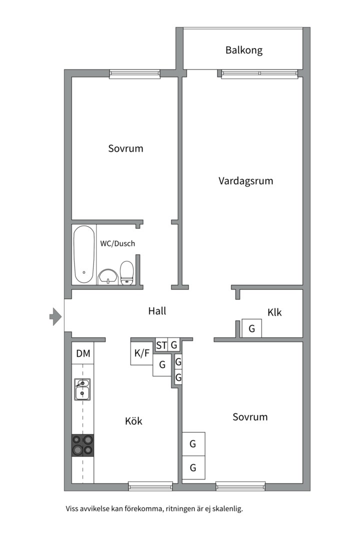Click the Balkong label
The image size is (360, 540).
[243, 50]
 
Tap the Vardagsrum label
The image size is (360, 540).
[245, 180]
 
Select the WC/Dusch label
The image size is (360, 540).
[117, 243]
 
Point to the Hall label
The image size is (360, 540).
[157, 310]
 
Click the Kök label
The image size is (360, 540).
[133, 421]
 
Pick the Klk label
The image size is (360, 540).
[274, 312]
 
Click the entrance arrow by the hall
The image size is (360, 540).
[55, 316]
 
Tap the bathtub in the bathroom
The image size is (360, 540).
[84, 254]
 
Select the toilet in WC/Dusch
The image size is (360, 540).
[127, 273]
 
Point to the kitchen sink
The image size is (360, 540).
[82, 389]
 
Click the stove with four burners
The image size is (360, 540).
[82, 444]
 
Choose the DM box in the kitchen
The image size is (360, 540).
[83, 354]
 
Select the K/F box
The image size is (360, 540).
[141, 353]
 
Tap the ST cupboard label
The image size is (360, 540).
[161, 345]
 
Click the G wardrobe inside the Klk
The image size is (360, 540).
[251, 328]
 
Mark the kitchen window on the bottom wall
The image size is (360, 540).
[150, 485]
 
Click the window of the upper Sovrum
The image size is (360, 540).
[135, 74]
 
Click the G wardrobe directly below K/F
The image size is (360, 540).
[162, 365]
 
